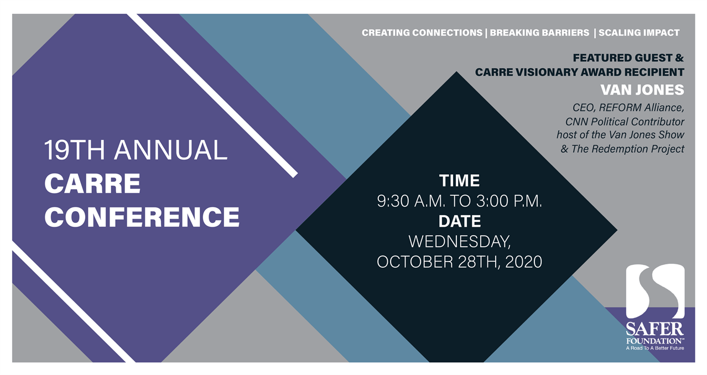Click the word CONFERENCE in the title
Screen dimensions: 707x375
[x=142, y=217]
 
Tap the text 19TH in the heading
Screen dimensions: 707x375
[x=75, y=150]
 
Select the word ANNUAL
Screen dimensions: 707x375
[x=171, y=150]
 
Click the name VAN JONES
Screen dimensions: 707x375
[x=642, y=90]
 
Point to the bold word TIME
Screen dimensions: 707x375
[x=459, y=181]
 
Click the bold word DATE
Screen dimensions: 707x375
[x=460, y=221]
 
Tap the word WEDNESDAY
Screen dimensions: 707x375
[x=460, y=242]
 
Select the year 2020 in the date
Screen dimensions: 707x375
[x=524, y=262]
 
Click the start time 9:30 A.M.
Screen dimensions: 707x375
[x=411, y=201]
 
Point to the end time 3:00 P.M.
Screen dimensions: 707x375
[x=509, y=201]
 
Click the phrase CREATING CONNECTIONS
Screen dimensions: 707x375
[x=422, y=33]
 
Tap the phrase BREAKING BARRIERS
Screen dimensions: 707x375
[x=539, y=33]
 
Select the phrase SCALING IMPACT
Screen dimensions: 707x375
[x=639, y=33]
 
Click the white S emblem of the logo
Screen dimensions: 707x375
[x=655, y=291]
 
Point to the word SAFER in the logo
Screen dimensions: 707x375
[x=655, y=330]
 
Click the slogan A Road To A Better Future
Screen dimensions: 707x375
[x=655, y=348]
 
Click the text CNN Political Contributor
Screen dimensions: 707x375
[x=625, y=122]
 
